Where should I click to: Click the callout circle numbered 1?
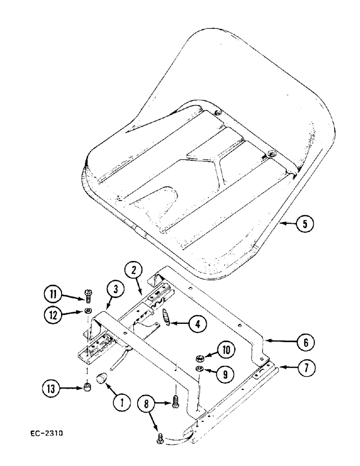click(x=122, y=404)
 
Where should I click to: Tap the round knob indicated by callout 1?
click(x=101, y=378)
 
